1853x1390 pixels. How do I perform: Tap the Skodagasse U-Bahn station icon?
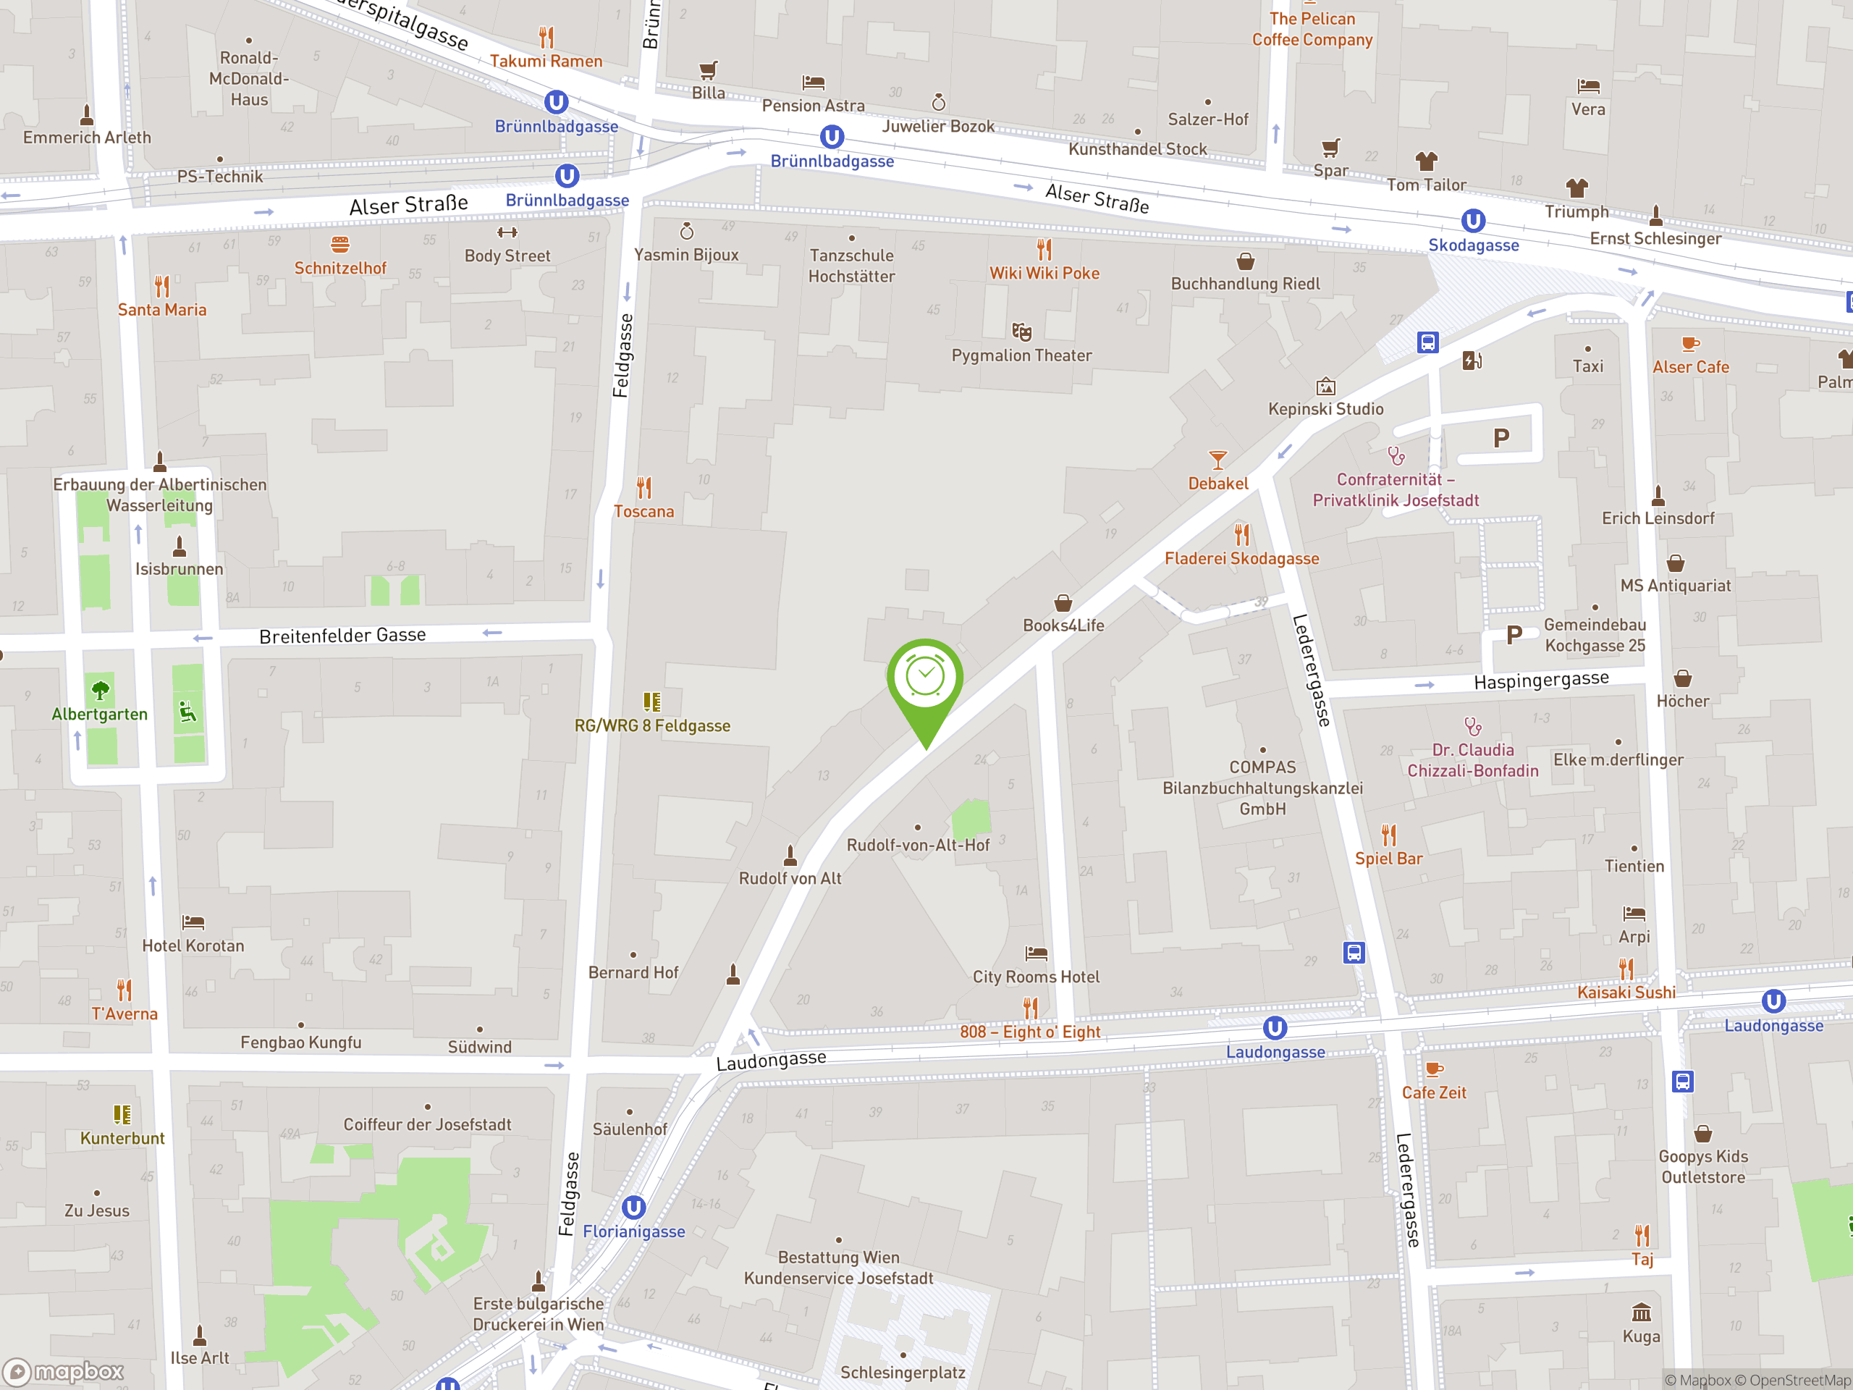click(1473, 222)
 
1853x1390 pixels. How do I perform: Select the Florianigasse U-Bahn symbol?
click(633, 1208)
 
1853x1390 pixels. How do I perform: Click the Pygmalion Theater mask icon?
click(1021, 331)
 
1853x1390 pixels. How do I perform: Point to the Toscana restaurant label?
click(643, 512)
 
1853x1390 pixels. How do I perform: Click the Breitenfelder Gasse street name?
click(342, 636)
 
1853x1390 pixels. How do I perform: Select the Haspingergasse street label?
click(1540, 681)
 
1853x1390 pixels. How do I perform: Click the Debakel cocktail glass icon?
click(1217, 460)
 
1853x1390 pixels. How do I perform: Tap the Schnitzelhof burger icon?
click(339, 245)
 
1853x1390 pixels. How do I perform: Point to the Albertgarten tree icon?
click(100, 691)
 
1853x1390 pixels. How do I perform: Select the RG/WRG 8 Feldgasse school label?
click(651, 726)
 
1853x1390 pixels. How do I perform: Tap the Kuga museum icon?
click(1641, 1312)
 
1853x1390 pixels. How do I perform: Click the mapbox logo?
click(64, 1372)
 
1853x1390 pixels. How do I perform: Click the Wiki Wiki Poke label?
click(1044, 273)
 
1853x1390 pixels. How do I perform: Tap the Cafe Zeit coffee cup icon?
click(1433, 1069)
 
